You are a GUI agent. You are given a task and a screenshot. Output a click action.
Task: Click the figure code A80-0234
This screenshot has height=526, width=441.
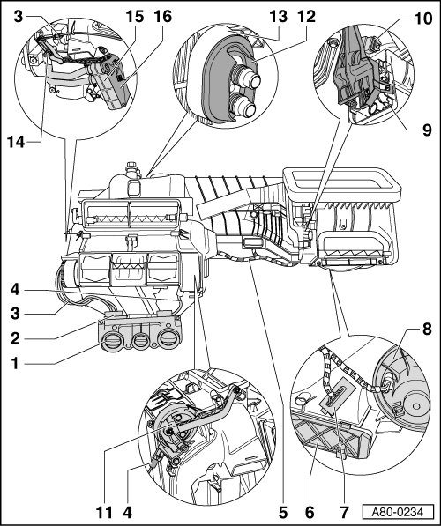pos(397,512)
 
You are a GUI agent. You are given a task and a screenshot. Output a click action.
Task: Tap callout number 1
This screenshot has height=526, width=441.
pos(15,363)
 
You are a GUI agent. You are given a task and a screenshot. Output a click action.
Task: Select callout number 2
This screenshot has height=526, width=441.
pos(15,339)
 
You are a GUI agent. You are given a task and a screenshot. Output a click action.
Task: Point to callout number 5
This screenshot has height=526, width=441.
pos(283,513)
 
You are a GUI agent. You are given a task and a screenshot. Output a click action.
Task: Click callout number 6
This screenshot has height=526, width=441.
pos(310,513)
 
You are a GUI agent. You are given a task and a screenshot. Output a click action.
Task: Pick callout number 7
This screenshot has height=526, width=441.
pos(344,513)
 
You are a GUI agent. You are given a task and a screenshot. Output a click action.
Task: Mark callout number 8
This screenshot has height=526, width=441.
pos(427,330)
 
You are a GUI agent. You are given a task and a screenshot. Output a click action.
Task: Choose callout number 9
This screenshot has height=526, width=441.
pos(427,130)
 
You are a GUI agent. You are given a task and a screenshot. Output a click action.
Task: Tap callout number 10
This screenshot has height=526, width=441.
pos(422,19)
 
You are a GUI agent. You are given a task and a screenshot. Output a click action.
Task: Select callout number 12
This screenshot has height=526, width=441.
pos(306,17)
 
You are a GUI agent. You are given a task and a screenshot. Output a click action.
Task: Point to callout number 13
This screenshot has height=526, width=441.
pos(279,17)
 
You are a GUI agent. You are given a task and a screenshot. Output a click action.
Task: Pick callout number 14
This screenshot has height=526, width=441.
pos(17,143)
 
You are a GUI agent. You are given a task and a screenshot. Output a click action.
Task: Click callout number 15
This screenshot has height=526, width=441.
pos(135,17)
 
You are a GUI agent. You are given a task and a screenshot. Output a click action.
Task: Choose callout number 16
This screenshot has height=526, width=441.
pos(163,17)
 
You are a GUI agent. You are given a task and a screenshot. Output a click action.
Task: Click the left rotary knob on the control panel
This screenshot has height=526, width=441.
pos(111,343)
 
